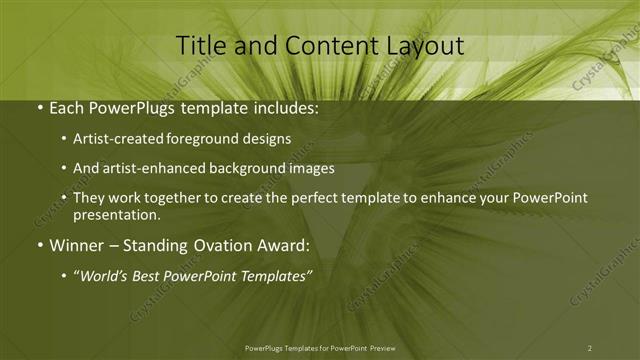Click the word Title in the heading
tap(201, 46)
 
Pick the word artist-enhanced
tap(149, 169)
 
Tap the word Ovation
tap(209, 245)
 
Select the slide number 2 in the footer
tap(589, 348)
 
